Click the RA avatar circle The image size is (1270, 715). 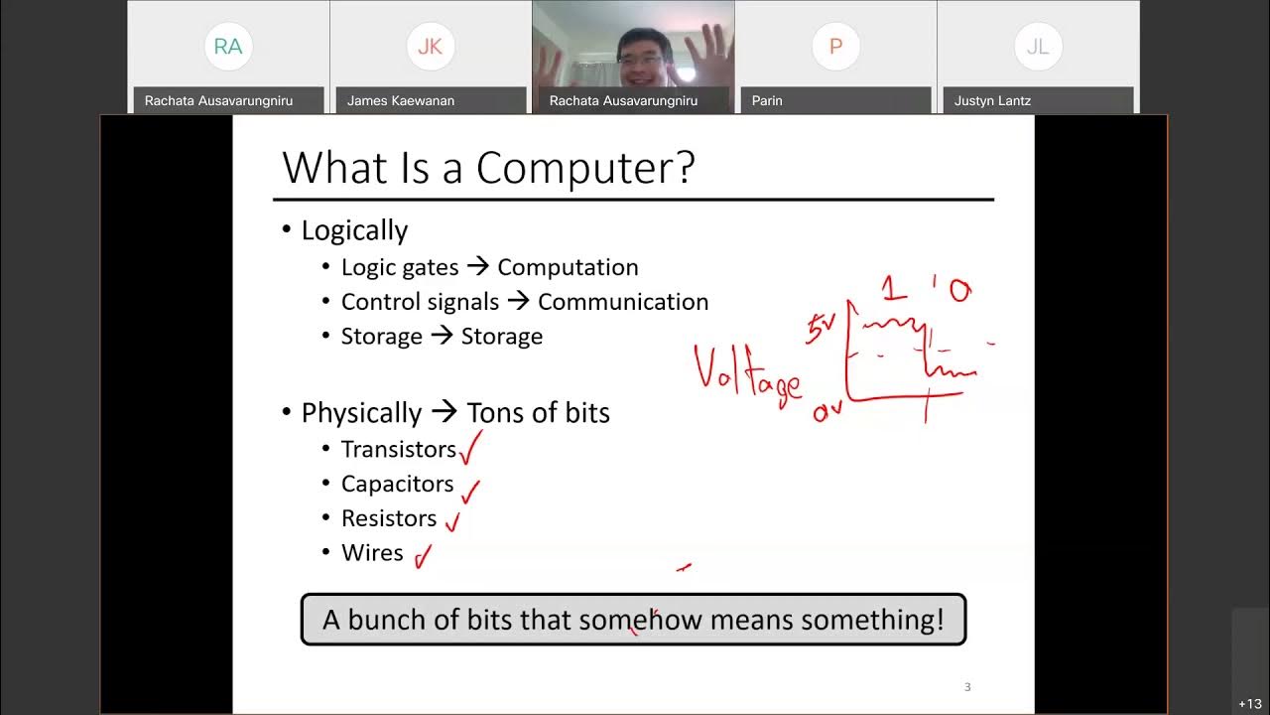tap(228, 47)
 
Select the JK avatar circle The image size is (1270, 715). tap(431, 47)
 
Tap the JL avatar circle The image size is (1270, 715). tap(1038, 47)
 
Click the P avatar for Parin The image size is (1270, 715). tap(835, 47)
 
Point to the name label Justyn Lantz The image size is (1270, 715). tap(992, 100)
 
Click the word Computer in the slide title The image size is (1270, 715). tap(585, 168)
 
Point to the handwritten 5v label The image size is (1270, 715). tap(821, 329)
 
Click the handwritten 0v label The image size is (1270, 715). tap(826, 411)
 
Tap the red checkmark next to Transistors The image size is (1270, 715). tap(470, 448)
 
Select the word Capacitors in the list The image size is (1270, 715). tap(397, 484)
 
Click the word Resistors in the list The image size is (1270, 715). tap(389, 518)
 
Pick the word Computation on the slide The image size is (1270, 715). tap(568, 267)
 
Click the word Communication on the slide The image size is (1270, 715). tap(623, 302)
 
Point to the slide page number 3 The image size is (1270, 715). tap(967, 687)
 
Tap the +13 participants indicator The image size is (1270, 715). tap(1249, 704)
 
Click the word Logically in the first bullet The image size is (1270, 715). tap(354, 230)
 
